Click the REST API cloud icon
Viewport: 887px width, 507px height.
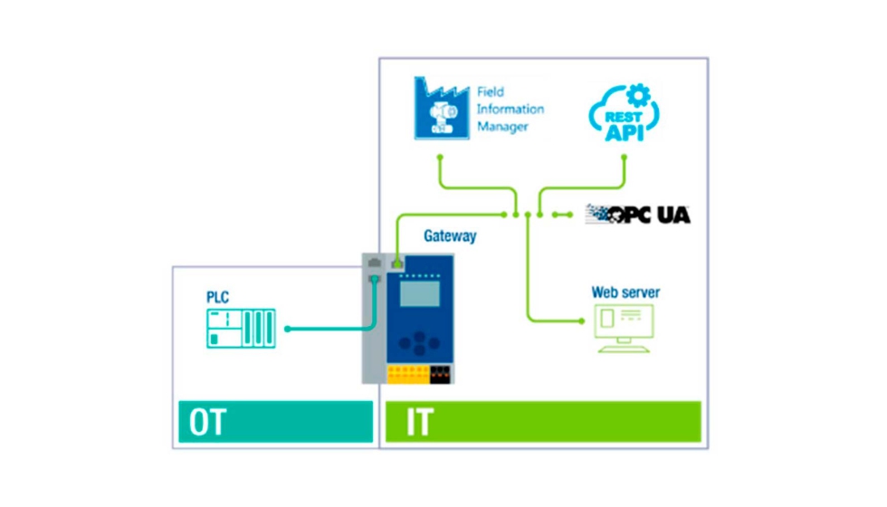621,116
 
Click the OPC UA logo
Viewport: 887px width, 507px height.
637,214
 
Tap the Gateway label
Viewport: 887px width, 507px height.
450,236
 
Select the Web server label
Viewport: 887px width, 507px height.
625,292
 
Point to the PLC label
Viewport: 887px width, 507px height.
218,296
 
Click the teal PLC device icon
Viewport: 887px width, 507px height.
240,328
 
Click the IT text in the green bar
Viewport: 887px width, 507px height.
418,423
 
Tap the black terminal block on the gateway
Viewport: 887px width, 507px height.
440,374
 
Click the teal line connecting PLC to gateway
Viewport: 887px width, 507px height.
326,329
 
